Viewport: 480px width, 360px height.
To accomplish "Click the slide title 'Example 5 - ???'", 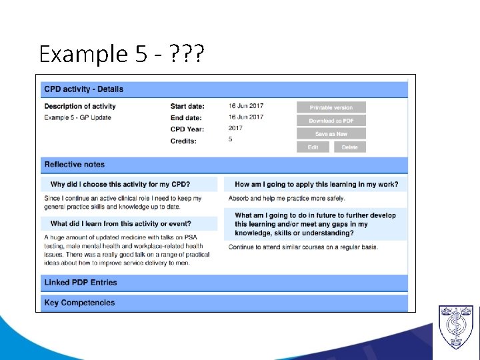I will point(122,53).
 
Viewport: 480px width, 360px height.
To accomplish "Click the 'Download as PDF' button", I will point(331,121).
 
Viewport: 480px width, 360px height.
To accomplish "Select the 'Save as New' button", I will point(331,134).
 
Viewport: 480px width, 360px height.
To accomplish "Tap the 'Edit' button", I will point(313,147).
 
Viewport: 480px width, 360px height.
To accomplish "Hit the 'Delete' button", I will point(350,147).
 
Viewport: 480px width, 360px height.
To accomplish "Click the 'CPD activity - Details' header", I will point(84,89).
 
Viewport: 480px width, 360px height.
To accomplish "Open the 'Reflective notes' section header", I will point(75,165).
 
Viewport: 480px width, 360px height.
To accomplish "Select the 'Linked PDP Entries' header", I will point(81,283).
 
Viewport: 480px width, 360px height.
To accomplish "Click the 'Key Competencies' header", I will point(79,303).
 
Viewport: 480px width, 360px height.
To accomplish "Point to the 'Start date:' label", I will point(187,107).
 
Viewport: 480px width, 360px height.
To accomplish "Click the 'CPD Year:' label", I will point(187,129).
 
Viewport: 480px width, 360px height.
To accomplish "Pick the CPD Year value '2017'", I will point(235,128).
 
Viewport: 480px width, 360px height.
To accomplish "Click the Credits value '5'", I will point(231,140).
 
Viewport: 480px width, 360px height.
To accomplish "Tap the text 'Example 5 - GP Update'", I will point(78,118).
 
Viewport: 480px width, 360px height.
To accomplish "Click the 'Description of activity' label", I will point(80,107).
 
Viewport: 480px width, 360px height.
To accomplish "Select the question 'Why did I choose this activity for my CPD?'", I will point(120,185).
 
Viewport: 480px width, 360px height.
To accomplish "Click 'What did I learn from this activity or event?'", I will point(121,224).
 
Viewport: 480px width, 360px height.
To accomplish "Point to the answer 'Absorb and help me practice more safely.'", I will point(287,199).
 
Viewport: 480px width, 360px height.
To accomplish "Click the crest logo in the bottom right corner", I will point(455,327).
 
